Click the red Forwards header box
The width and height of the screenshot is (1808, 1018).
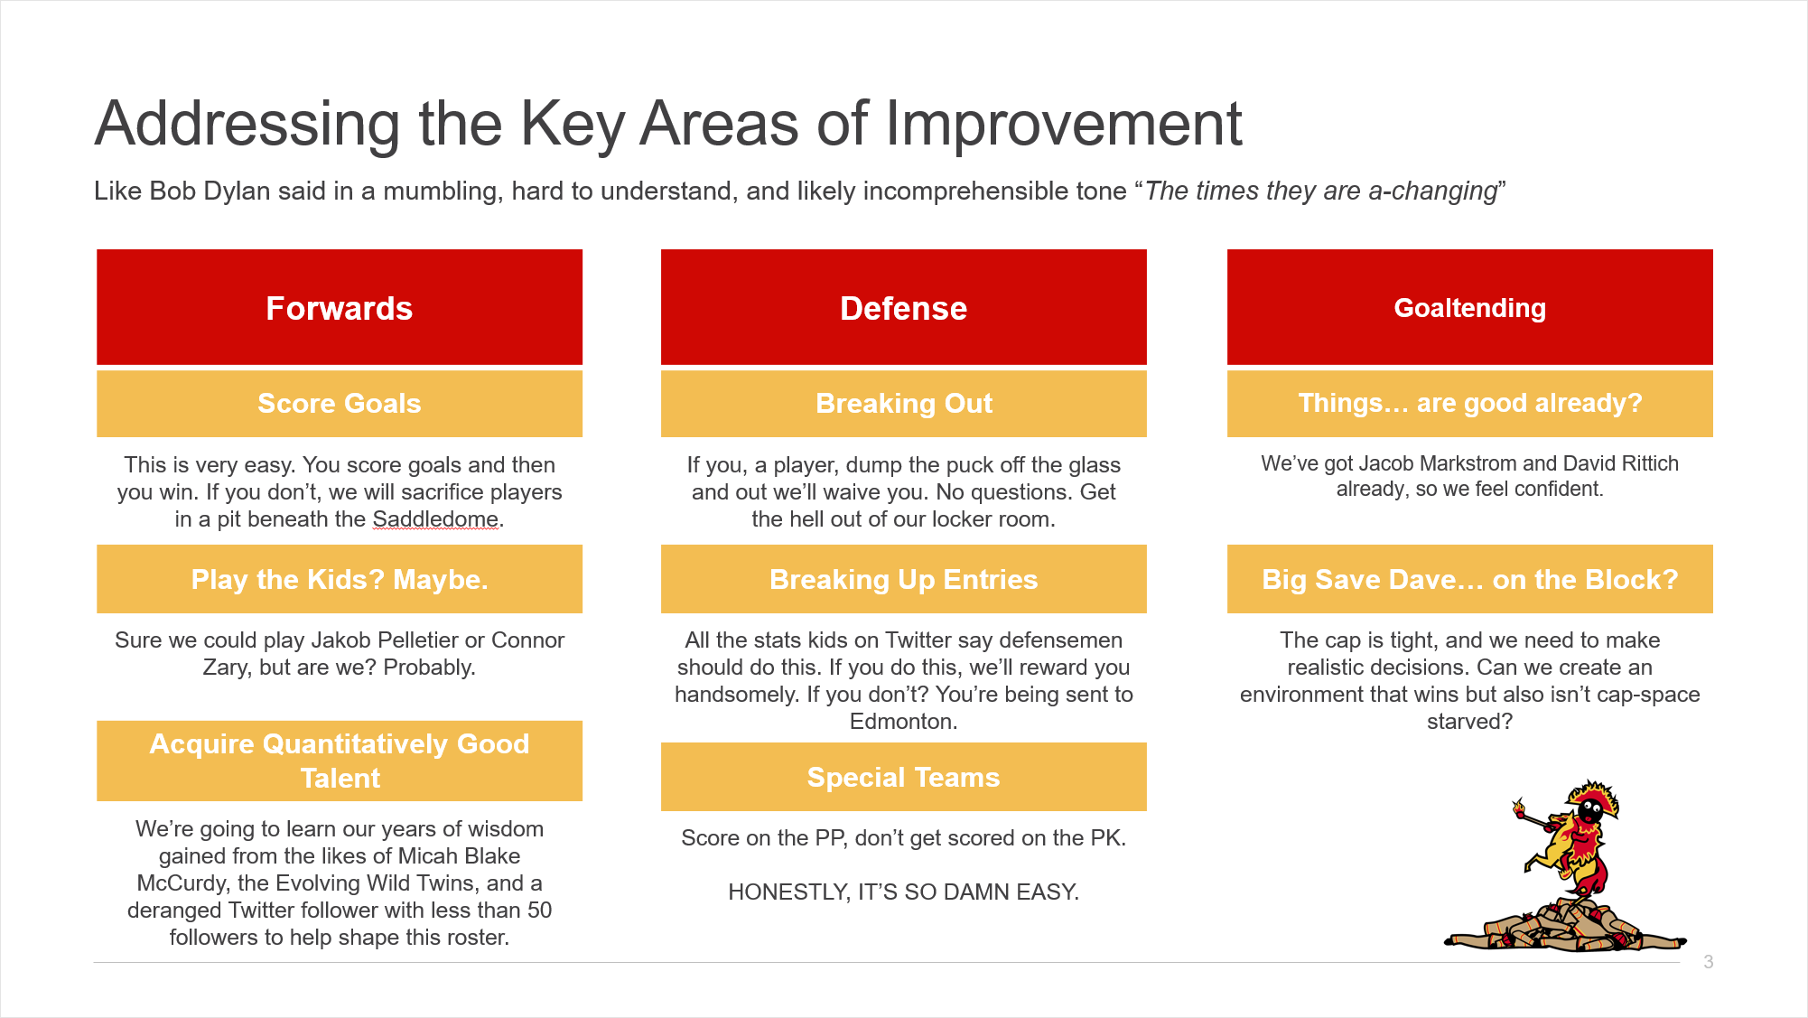[x=340, y=307]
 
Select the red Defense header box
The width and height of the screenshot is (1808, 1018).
[x=904, y=307]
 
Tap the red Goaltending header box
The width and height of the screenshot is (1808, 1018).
[x=1470, y=307]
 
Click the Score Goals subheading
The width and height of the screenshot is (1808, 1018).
[x=340, y=404]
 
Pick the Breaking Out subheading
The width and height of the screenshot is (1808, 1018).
[x=904, y=404]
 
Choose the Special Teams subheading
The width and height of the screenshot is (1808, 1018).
[x=904, y=777]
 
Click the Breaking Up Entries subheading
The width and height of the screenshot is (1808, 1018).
[x=904, y=579]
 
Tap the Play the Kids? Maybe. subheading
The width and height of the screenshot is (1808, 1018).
[x=340, y=579]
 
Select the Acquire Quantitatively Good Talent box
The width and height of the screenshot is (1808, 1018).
[x=340, y=761]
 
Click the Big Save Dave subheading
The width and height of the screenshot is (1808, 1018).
[x=1470, y=579]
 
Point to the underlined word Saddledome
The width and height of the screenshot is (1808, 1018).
[x=435, y=519]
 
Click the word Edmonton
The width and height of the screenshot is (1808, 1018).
[x=901, y=722]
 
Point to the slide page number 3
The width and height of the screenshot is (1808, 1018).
[x=1708, y=962]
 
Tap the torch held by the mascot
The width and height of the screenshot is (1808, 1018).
[x=1529, y=815]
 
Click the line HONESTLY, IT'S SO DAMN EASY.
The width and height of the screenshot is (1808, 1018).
[x=904, y=892]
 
